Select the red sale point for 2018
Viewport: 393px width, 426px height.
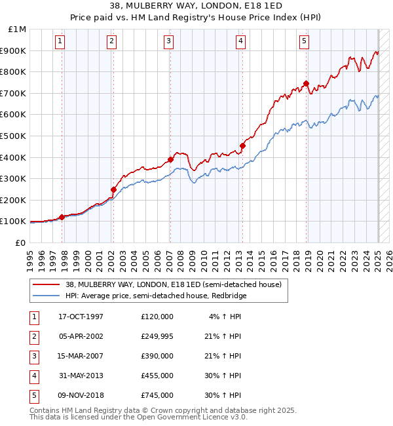coord(306,83)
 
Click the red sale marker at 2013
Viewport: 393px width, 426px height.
coord(242,145)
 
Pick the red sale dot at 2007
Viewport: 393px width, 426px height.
coord(170,159)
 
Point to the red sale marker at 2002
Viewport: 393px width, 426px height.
coord(113,189)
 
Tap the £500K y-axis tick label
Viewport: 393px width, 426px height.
coord(14,136)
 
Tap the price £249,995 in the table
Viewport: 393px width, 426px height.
coord(157,336)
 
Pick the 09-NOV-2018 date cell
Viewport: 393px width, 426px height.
coord(81,395)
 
